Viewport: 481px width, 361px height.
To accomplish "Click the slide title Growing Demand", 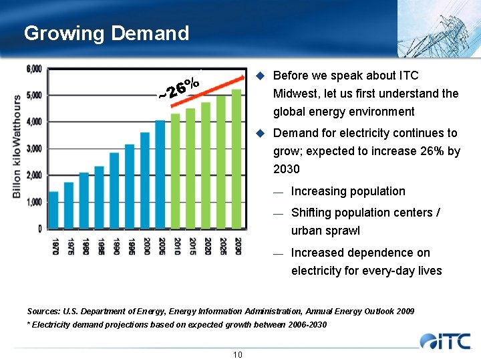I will [106, 33].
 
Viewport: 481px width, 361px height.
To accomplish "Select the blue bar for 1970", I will [53, 210].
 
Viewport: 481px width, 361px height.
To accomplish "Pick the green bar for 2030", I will [236, 159].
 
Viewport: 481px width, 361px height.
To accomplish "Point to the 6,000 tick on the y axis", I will [34, 69].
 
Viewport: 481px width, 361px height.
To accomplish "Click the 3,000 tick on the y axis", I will [34, 148].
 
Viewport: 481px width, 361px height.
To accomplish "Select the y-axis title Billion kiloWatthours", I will [17, 146].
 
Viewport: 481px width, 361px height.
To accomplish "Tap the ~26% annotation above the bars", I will [179, 88].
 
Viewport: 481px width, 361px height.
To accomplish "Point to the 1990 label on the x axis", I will [115, 245].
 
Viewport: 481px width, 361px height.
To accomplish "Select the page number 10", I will [238, 354].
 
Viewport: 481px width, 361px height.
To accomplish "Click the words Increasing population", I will [348, 191].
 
